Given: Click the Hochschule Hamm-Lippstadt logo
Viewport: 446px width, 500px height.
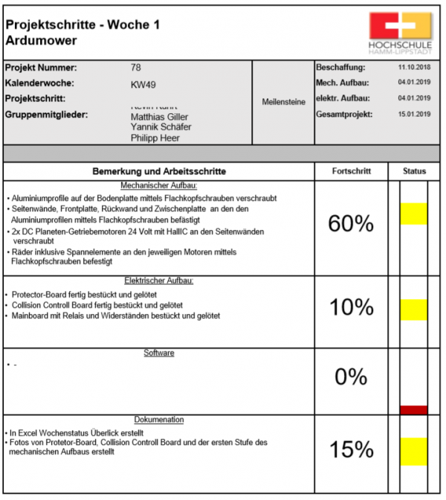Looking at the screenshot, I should (399, 33).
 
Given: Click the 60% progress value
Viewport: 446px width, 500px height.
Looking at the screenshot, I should (351, 222).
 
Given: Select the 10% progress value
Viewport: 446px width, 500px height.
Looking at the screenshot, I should (351, 307).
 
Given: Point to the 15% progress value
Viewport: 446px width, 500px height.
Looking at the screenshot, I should (351, 449).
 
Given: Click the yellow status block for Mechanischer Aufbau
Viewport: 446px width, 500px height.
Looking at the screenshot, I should (413, 214).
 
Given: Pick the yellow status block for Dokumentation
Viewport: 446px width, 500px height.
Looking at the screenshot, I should (413, 449).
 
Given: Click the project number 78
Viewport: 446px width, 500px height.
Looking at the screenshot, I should (136, 68).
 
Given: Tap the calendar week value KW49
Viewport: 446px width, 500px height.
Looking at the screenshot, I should (143, 84).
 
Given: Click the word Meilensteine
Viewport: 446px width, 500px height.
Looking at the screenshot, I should (283, 102).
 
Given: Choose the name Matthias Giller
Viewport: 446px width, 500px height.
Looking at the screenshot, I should (159, 117).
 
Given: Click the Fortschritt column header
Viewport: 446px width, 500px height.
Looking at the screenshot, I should (351, 171).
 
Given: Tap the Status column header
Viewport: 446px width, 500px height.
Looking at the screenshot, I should (414, 171).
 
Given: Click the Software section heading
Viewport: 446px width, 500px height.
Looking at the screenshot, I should (159, 353).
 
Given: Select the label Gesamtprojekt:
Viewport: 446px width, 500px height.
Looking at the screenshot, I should (344, 115).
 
